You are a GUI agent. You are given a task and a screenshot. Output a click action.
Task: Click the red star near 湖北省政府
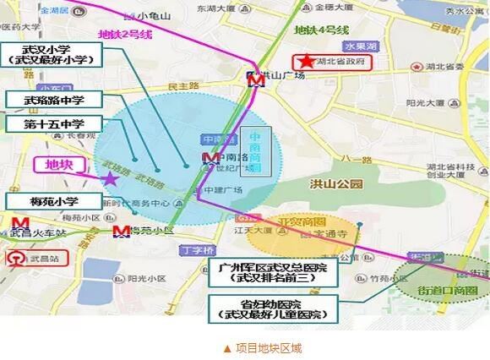tap(303, 62)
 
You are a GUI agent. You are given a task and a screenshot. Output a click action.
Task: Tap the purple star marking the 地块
tap(111, 177)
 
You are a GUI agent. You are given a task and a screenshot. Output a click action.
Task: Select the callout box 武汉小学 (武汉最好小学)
tap(53, 57)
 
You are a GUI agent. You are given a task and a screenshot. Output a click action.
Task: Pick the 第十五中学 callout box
tap(52, 124)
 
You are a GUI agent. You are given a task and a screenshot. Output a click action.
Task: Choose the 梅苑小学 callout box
tap(52, 201)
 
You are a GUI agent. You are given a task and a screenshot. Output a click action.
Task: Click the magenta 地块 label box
tap(58, 164)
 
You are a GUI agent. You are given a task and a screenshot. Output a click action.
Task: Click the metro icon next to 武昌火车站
tap(15, 230)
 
